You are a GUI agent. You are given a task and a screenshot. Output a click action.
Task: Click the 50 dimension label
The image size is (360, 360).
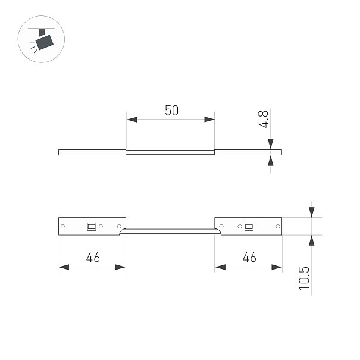[x=172, y=111]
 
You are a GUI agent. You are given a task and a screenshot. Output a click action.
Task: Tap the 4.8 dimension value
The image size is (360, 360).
[x=263, y=119]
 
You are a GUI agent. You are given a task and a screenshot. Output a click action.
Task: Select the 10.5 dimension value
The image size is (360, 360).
[x=304, y=278]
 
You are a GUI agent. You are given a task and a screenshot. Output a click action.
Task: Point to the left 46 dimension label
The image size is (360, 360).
[x=93, y=257]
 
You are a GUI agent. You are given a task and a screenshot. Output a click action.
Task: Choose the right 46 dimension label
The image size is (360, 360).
[x=249, y=257]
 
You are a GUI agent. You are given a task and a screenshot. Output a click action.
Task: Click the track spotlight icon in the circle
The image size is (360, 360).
[x=42, y=40]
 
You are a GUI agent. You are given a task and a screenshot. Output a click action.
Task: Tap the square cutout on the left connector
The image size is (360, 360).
[x=92, y=227]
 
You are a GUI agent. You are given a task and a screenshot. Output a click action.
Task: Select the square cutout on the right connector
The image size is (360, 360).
[x=249, y=227]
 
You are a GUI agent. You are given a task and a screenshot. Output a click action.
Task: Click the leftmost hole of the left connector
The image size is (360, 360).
[x=62, y=226]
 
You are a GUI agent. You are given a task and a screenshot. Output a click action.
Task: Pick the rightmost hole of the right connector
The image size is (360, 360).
[x=278, y=226]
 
